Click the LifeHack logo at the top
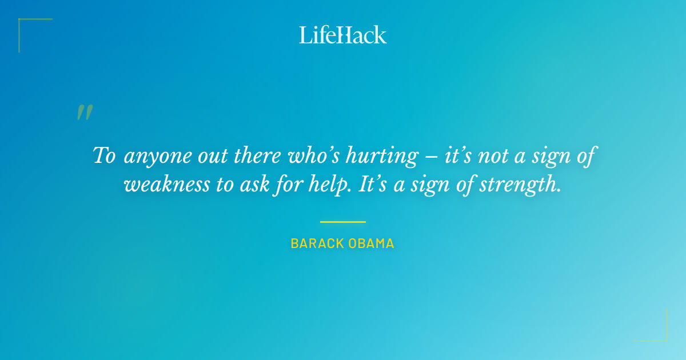click(343, 35)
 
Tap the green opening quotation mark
click(85, 113)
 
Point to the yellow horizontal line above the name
click(343, 222)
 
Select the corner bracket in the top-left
click(23, 23)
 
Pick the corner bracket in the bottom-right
click(663, 337)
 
